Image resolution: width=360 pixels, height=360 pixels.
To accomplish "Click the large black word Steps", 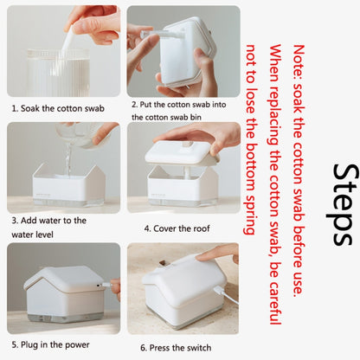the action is tap(343, 205).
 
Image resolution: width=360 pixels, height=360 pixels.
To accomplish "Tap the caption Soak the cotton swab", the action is tap(62, 109).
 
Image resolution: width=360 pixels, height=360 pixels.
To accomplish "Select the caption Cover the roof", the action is tap(182, 228).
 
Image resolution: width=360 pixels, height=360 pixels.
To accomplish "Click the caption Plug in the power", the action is tap(55, 345).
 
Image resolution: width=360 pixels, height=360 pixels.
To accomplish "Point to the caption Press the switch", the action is tap(180, 348).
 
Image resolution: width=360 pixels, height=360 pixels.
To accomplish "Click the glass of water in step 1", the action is tap(59, 73).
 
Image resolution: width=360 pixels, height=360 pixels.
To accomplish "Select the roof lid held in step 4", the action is tap(181, 152).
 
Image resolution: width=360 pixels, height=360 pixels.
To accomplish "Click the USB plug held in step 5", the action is tap(106, 285).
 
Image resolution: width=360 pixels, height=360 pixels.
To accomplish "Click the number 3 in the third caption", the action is tap(14, 221).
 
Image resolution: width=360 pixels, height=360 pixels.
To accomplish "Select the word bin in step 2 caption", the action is tap(196, 117).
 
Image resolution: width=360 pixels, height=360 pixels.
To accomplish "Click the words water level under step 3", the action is tap(32, 235).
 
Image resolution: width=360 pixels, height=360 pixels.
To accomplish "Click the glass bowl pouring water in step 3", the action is tap(79, 135).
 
